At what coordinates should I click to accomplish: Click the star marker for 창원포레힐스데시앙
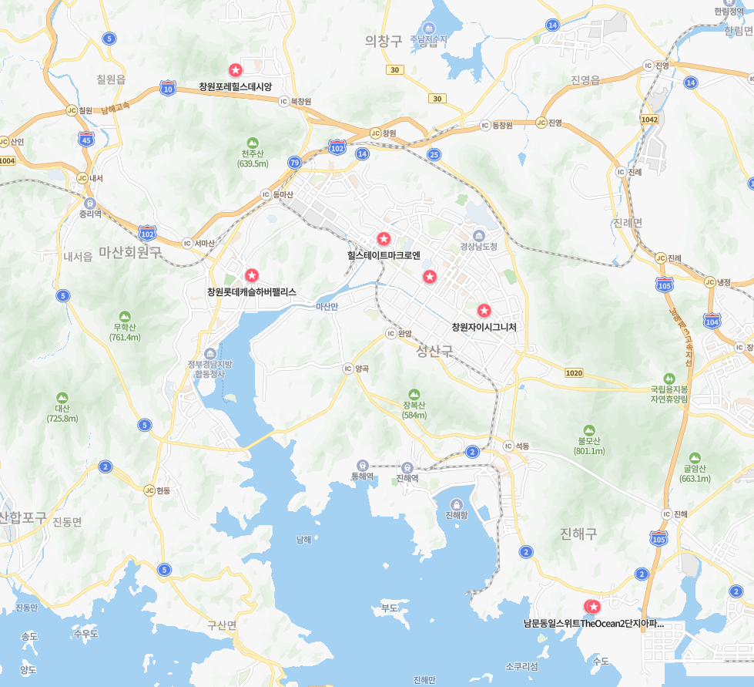click(x=235, y=70)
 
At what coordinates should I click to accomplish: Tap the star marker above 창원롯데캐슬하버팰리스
click(x=251, y=275)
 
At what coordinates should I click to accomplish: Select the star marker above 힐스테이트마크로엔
click(x=383, y=238)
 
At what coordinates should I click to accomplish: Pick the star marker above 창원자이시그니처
click(x=484, y=311)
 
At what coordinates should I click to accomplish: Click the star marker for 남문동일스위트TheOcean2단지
click(x=593, y=607)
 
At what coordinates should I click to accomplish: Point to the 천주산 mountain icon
click(x=253, y=143)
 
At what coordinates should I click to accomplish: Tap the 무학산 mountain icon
click(x=125, y=317)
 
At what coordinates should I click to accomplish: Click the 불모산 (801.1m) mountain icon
click(x=589, y=430)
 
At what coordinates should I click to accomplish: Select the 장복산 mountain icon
click(x=414, y=394)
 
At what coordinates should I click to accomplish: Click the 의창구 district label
click(x=384, y=41)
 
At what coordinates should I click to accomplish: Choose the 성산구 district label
click(x=435, y=352)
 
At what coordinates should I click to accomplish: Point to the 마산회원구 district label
click(x=130, y=251)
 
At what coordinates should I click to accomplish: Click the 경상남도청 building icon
click(x=478, y=234)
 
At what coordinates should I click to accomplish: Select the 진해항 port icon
click(x=457, y=503)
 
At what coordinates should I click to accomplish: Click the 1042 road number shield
click(x=649, y=120)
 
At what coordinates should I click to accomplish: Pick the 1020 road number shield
click(x=574, y=373)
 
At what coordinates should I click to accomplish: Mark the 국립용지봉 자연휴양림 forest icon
click(x=669, y=379)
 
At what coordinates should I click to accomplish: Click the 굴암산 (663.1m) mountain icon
click(x=695, y=457)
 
